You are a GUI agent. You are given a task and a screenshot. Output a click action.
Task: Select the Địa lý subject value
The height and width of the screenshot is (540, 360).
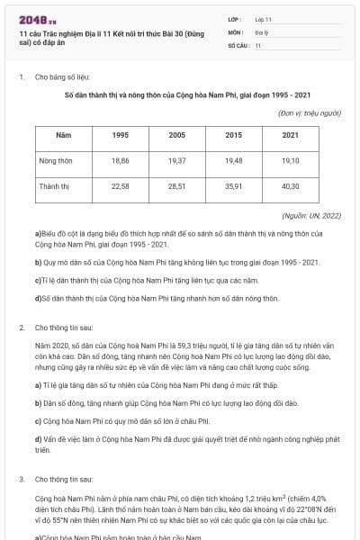coord(261,31)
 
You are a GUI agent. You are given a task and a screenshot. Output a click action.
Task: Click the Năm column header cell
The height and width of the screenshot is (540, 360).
coord(63,134)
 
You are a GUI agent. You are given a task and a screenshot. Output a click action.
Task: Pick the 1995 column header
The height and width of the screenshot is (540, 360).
coord(120,134)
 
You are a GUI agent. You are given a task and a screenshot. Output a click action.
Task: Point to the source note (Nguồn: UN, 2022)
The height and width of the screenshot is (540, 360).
coord(310,215)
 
